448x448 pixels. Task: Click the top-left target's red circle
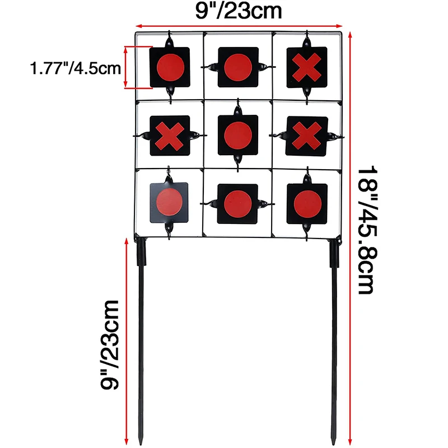click(x=171, y=67)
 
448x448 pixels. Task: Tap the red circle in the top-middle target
click(x=238, y=68)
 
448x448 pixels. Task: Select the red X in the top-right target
click(x=307, y=67)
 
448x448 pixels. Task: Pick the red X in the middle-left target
click(x=170, y=136)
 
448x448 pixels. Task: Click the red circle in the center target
click(x=238, y=136)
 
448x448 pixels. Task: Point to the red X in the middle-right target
click(x=307, y=136)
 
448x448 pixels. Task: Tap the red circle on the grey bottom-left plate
click(x=169, y=202)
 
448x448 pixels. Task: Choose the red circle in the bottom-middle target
click(x=238, y=204)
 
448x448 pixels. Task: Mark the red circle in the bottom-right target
click(x=307, y=204)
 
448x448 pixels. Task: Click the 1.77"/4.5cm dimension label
click(x=76, y=68)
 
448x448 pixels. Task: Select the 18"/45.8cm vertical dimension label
click(x=368, y=230)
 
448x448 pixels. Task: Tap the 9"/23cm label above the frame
click(x=239, y=11)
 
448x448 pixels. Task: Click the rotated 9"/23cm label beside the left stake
click(x=110, y=345)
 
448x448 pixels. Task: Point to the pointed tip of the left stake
click(x=141, y=445)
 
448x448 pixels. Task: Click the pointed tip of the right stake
click(x=333, y=444)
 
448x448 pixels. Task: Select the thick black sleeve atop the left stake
click(x=142, y=253)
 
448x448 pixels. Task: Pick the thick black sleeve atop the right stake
click(x=334, y=254)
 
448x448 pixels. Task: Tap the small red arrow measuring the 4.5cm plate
click(x=125, y=67)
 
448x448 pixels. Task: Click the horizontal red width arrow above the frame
click(x=239, y=26)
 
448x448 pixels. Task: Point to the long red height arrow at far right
click(x=350, y=239)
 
